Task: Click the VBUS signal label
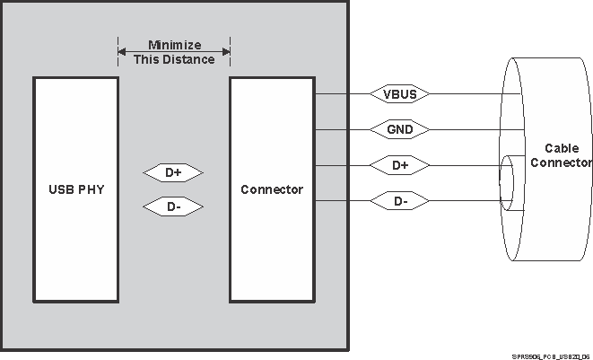click(399, 93)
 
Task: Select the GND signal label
click(399, 129)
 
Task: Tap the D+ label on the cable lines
click(400, 165)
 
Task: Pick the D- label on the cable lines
click(400, 201)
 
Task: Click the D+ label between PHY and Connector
click(173, 171)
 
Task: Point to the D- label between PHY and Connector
click(173, 207)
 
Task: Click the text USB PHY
click(75, 189)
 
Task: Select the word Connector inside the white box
click(272, 189)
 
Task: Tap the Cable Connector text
click(561, 155)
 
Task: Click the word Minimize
click(174, 45)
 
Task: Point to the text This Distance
click(174, 59)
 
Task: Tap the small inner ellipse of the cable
click(506, 183)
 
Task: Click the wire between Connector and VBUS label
click(341, 93)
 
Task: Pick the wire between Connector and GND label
click(341, 129)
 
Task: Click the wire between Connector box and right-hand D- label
click(341, 201)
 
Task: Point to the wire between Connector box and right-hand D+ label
click(341, 165)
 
